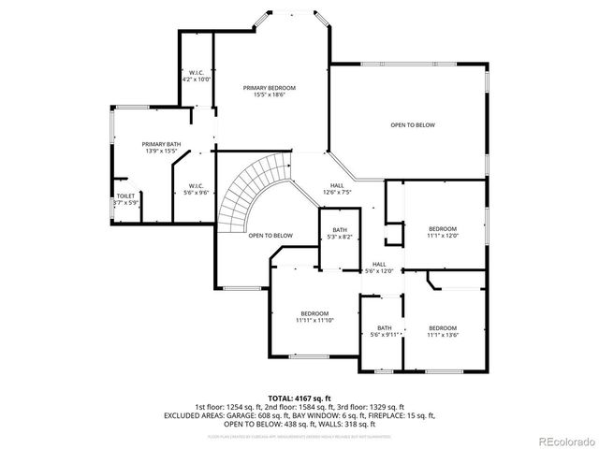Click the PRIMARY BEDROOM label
[x=263, y=88]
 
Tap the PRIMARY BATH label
[x=161, y=144]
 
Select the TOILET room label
[x=125, y=196]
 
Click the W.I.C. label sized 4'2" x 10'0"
[x=197, y=73]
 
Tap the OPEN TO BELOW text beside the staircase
[x=270, y=235]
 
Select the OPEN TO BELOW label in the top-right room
[x=413, y=125]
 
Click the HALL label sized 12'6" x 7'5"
[x=337, y=185]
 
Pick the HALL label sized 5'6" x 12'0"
[x=379, y=264]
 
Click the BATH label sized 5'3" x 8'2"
[x=339, y=230]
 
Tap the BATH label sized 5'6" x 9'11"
[x=385, y=327]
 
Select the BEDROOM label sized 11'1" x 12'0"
[x=443, y=229]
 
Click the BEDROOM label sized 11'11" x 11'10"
[x=314, y=312]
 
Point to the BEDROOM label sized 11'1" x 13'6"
[x=443, y=327]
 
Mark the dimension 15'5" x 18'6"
[x=263, y=95]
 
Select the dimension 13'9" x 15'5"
[x=161, y=152]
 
